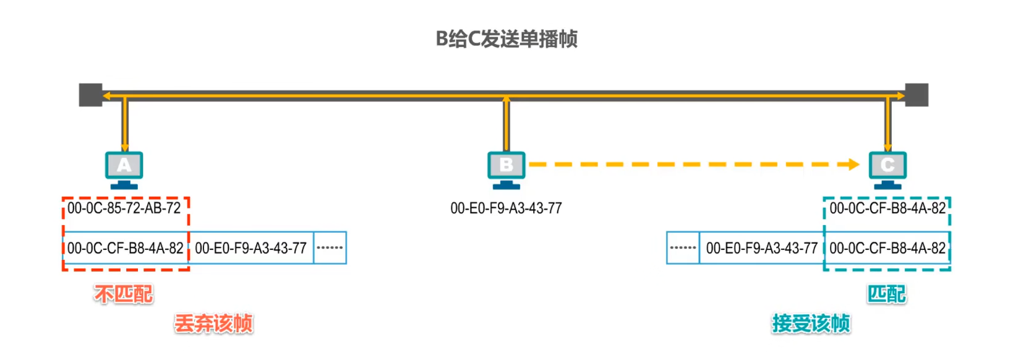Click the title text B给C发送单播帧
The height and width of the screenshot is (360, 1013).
point(506,39)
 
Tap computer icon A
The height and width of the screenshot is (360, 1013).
point(124,168)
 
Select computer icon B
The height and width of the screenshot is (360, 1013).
point(506,168)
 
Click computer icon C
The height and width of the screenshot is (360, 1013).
point(887,168)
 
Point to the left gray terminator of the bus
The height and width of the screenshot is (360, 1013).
point(90,95)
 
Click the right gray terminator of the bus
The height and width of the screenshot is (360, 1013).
point(917,95)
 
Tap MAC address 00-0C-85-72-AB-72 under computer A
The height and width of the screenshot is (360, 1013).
point(124,208)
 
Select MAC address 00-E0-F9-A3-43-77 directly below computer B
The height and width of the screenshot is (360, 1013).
point(506,208)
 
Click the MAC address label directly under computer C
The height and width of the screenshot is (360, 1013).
point(887,208)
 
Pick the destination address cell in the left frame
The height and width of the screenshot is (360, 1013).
point(126,248)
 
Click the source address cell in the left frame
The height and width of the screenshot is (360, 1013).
point(251,248)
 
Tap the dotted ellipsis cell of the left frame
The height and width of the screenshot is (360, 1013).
point(330,248)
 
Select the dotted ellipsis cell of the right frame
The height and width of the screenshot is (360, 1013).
point(683,248)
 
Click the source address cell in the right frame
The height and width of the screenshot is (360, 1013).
point(762,248)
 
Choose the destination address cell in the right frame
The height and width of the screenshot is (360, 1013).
point(887,248)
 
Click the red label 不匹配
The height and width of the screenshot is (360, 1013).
point(124,294)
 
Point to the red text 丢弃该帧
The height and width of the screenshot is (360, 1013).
point(213,324)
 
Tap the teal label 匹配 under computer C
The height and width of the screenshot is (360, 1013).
point(886,294)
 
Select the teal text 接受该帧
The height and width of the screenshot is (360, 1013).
point(811,324)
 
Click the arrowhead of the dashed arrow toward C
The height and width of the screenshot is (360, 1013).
point(853,165)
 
